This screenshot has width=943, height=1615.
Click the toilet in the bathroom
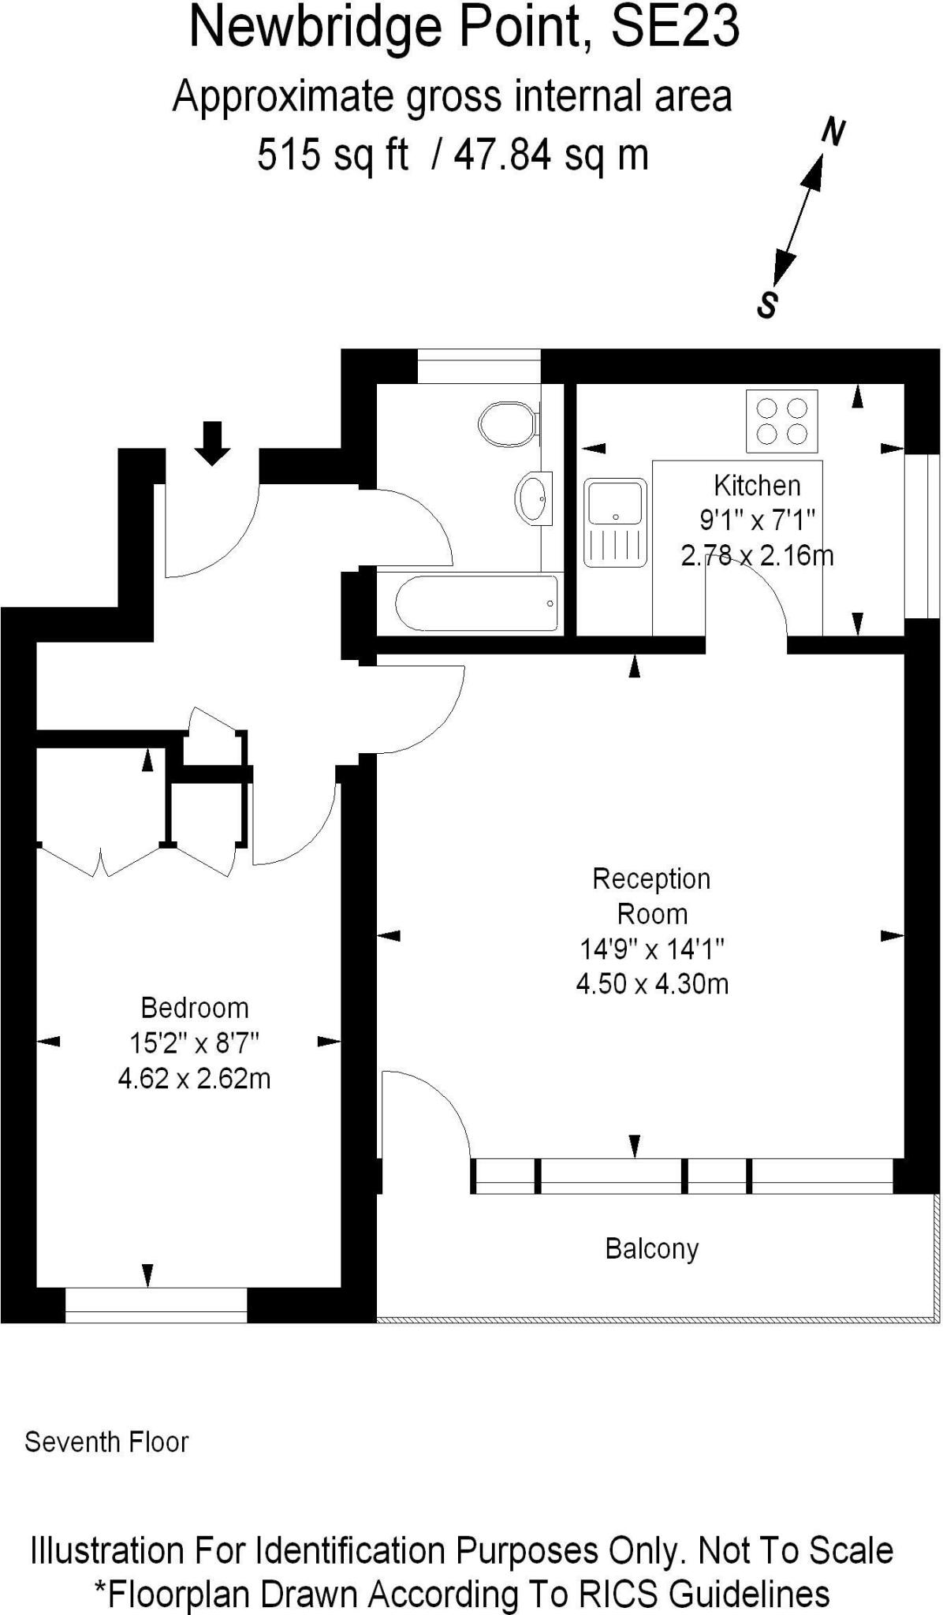coord(509,423)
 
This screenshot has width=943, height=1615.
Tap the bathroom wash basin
coord(535,498)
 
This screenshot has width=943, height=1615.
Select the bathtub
coord(476,603)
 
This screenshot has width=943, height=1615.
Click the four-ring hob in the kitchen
coord(782,421)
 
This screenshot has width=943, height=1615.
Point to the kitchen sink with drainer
coord(615,522)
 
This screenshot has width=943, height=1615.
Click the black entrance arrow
coord(212,444)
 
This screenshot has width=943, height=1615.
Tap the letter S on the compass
coord(767,304)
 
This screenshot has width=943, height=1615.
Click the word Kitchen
coord(757,484)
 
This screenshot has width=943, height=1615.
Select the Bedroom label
coord(195,1007)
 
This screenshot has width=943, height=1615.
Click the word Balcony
coord(652,1248)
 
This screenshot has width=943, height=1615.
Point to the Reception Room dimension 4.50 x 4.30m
coord(652,983)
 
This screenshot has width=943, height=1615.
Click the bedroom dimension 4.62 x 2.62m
coord(194,1077)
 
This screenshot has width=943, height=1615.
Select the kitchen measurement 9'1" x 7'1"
coord(757,520)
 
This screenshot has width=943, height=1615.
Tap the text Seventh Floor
coord(106,1442)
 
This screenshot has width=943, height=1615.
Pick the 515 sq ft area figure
coord(333,154)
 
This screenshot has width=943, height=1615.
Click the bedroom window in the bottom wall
coord(156,1305)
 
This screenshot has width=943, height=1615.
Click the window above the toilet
coord(479,366)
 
